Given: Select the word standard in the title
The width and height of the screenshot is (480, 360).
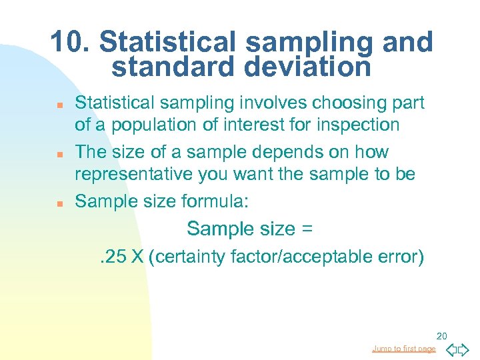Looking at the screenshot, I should tap(171, 66).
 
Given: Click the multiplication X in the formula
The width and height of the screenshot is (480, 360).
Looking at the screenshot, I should tap(138, 256).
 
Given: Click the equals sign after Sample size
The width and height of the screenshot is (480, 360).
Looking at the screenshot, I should tap(307, 229).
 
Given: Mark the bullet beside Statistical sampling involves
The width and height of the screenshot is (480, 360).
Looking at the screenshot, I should tap(59, 105).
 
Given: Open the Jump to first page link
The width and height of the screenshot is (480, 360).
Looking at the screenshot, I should tap(404, 348).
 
